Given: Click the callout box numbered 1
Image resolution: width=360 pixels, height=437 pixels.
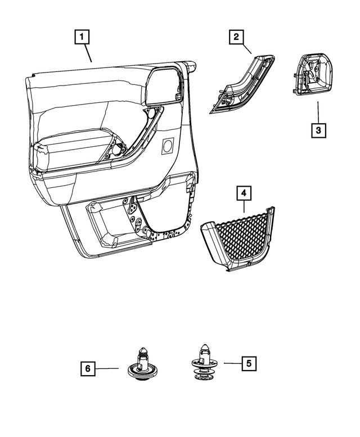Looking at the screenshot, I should click(x=82, y=38).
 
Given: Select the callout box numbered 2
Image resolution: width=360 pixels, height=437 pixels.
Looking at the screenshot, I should click(x=236, y=38).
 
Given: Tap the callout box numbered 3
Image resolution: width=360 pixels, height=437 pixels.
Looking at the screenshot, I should click(x=318, y=130).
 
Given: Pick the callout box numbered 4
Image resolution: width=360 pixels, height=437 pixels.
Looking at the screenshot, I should click(x=243, y=195).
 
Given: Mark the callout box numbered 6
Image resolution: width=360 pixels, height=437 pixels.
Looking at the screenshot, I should click(x=87, y=369).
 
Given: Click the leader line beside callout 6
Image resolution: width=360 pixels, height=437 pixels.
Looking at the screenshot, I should click(x=107, y=369).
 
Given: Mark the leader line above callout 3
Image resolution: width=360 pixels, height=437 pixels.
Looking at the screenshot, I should click(x=318, y=111).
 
